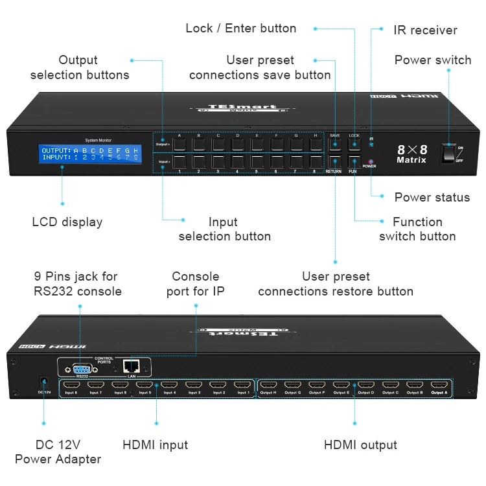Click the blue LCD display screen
90,154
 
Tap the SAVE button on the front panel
335,143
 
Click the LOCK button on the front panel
354,143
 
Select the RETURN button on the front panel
334,162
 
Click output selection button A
179,143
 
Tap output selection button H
316,143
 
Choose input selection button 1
179,162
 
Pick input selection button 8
316,162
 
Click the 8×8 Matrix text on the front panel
411,154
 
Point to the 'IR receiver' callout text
425,30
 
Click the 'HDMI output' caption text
360,445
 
